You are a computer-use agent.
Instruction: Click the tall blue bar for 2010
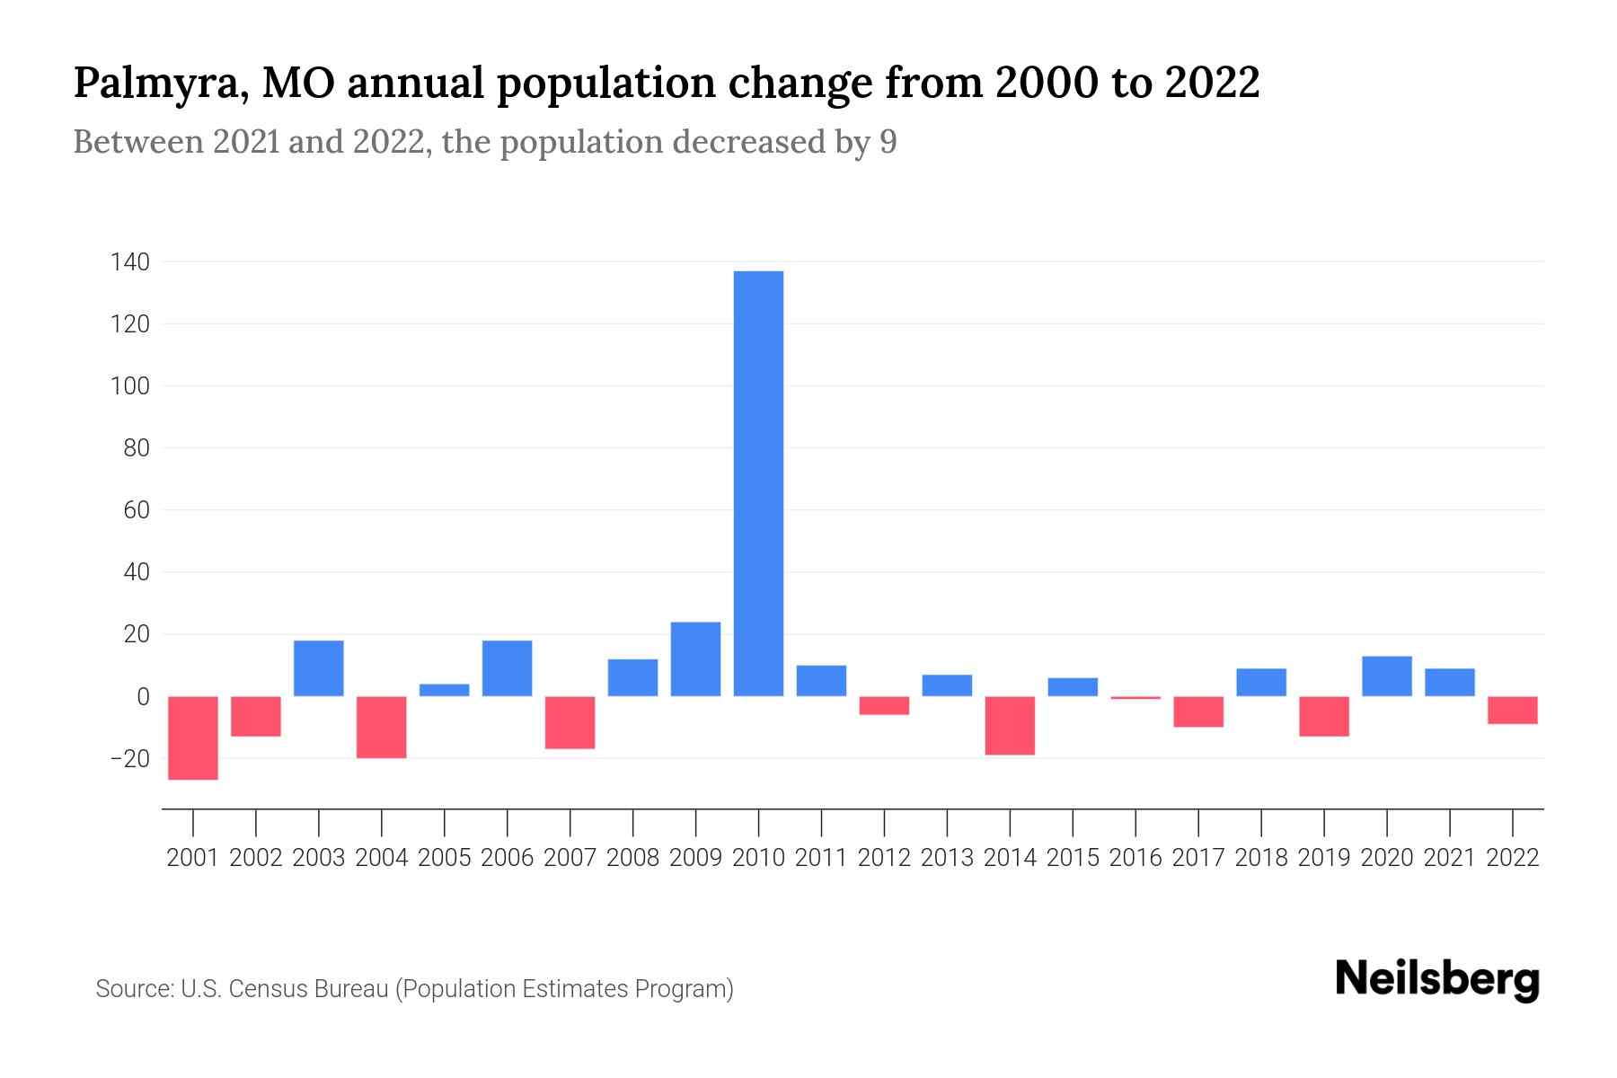758,483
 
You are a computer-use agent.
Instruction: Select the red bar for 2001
193,738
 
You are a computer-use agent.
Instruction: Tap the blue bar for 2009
695,658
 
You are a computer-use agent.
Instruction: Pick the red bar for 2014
1010,725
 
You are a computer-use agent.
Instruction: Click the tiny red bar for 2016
1135,697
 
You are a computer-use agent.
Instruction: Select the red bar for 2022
1513,710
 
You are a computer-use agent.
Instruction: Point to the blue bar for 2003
319,668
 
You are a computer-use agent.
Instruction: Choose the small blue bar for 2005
445,690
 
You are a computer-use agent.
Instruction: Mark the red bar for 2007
570,722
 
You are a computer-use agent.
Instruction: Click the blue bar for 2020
1387,676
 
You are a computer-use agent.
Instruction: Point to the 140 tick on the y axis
129,262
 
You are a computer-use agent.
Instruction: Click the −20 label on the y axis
129,759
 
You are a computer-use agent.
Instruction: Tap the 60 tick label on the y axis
136,510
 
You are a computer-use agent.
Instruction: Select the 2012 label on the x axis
884,858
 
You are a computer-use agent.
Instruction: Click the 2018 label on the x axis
1261,858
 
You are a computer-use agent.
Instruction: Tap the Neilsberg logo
1437,979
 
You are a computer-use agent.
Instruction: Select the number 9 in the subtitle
888,142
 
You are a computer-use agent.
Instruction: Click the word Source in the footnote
134,989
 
